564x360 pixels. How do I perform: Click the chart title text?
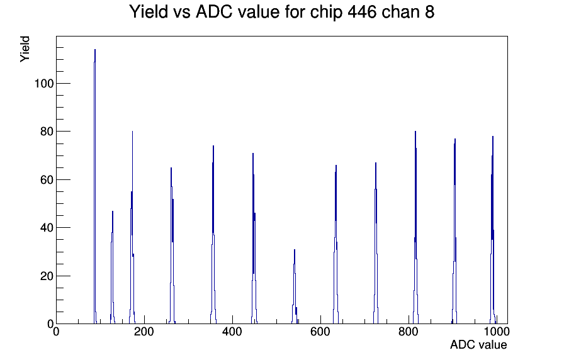pos(281,12)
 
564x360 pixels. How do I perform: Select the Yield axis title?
pos(25,49)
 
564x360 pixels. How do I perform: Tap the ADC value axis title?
pos(478,344)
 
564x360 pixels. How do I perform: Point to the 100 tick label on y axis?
pos(44,84)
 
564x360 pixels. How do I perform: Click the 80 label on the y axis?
pos(47,132)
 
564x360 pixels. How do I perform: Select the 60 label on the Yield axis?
pos(47,180)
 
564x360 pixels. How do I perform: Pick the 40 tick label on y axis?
pos(47,228)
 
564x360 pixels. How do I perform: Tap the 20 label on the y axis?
pos(47,276)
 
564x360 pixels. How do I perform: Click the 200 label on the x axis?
pos(144,332)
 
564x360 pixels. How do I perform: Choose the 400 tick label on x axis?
pos(232,332)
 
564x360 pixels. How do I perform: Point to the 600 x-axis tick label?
pos(320,332)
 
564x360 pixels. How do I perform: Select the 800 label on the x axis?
pos(409,332)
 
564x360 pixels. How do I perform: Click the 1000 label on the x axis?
pos(497,332)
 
